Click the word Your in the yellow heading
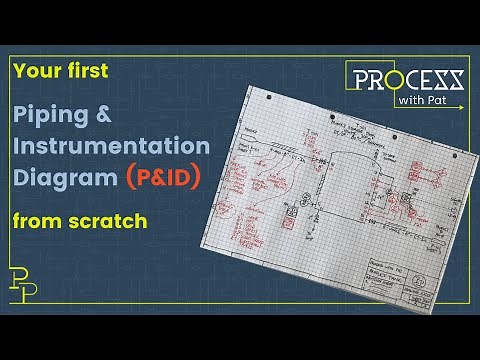(36, 71)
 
